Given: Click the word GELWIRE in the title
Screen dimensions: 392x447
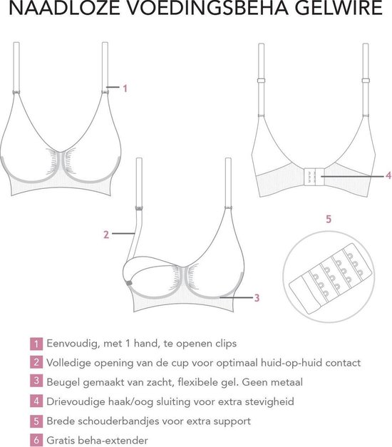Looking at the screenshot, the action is point(338,8).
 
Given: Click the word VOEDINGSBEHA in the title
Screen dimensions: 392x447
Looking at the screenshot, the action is point(207,8).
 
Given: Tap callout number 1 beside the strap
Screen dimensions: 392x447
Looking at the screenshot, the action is point(125,88).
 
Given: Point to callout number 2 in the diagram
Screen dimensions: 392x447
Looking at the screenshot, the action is point(106,235).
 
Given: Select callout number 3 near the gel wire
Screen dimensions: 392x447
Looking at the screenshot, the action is point(257,298).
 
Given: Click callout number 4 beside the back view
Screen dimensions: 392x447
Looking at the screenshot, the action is point(388,175).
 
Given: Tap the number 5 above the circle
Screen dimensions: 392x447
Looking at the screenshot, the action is point(329,220).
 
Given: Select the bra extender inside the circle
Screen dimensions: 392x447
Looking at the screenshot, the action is point(331,278).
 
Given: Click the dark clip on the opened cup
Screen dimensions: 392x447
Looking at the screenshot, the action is point(129,283).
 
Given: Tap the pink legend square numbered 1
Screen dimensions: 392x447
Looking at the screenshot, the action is point(36,344).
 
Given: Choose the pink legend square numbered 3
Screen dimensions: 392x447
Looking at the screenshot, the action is point(36,381).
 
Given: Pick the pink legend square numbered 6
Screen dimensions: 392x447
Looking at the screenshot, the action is point(36,440).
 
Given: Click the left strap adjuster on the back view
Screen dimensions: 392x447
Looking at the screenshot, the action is point(261,81).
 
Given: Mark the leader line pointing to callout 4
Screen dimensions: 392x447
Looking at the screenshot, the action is point(352,177).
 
